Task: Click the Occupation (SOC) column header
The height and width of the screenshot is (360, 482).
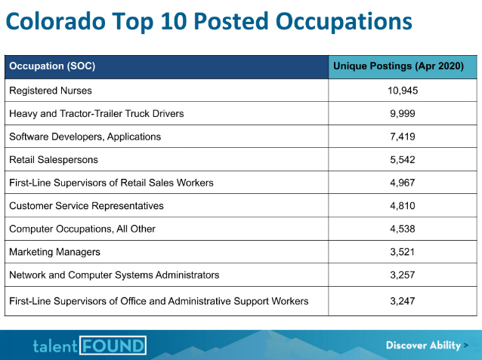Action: [52, 66]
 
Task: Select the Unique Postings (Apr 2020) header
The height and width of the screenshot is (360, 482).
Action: [398, 66]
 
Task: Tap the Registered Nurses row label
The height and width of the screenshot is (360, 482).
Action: [51, 91]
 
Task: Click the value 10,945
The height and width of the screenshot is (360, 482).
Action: [403, 91]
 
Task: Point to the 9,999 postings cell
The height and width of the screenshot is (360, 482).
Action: [403, 114]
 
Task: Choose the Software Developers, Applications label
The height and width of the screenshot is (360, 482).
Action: [85, 137]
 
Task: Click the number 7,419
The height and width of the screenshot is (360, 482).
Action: [403, 137]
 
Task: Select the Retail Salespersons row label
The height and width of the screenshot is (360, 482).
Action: [54, 160]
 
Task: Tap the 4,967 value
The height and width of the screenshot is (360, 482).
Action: [403, 183]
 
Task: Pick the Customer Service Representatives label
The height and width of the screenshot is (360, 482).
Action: [86, 206]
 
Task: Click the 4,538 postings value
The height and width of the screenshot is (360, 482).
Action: [403, 229]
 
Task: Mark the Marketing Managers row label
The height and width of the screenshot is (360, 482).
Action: [54, 252]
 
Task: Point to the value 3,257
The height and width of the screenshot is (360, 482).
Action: [403, 275]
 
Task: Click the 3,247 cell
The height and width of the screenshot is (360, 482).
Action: [403, 301]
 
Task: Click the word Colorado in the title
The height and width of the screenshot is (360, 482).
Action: [56, 21]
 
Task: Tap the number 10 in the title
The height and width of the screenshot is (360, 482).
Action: [174, 21]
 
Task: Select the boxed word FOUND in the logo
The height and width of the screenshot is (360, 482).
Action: [113, 346]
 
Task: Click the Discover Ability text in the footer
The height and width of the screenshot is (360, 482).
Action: [423, 345]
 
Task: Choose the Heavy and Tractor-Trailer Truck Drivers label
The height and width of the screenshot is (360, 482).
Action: [97, 114]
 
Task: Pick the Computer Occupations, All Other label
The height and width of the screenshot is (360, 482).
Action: [82, 229]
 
